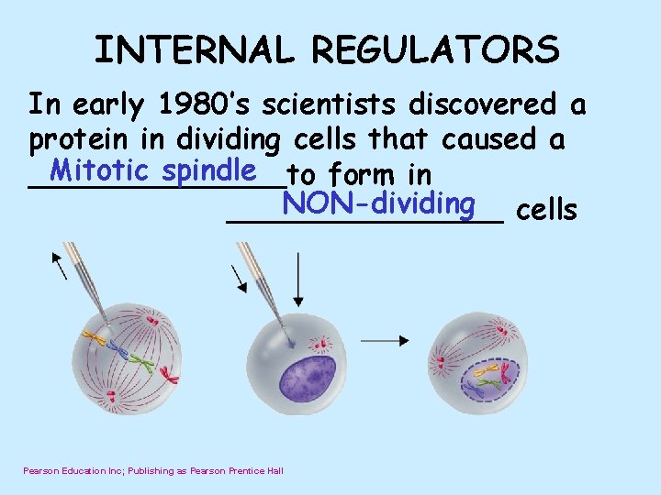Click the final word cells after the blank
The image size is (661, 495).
coord(547,211)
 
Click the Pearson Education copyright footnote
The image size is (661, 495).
coord(153,470)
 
